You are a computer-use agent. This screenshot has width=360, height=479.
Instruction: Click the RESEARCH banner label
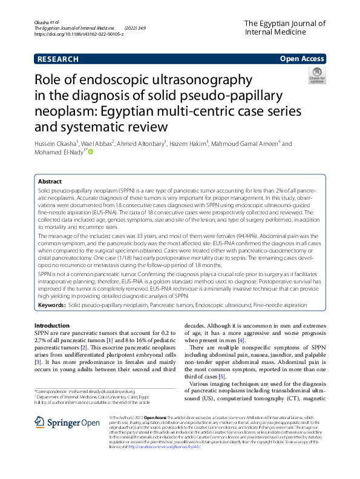pos(58,59)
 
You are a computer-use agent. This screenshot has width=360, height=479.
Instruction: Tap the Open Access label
pos(303,59)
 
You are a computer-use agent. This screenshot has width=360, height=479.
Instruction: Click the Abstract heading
pos(50,181)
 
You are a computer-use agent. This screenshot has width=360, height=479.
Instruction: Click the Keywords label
pos(51,306)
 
